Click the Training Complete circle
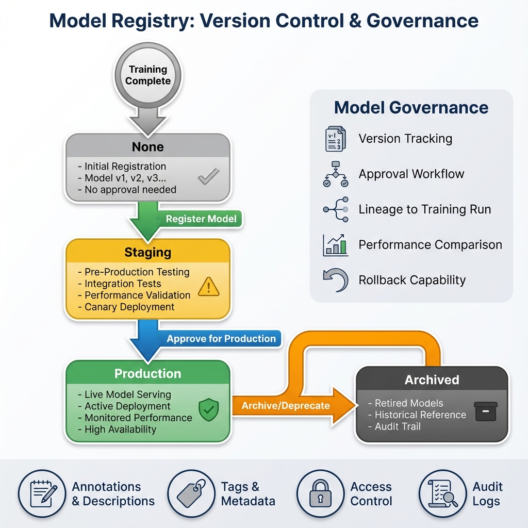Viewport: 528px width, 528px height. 148,75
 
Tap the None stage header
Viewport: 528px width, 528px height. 147,147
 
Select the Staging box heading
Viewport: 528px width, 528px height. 147,252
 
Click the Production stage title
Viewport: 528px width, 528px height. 147,374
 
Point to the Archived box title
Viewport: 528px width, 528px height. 432,380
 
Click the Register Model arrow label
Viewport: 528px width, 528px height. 201,219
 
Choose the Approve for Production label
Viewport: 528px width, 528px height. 221,339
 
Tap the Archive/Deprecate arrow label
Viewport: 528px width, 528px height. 286,405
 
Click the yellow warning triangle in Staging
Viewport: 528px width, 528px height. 209,287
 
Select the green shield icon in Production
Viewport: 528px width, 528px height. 209,410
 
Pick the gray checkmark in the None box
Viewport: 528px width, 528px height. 208,177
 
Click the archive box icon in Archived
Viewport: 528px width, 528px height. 486,411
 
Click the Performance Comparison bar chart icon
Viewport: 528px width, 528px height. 335,245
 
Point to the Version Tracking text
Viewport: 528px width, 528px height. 405,139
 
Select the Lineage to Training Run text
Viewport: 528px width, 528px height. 425,209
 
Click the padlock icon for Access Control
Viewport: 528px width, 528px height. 320,493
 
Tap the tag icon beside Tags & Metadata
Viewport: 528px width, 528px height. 191,493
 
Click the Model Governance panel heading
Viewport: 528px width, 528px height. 411,108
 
